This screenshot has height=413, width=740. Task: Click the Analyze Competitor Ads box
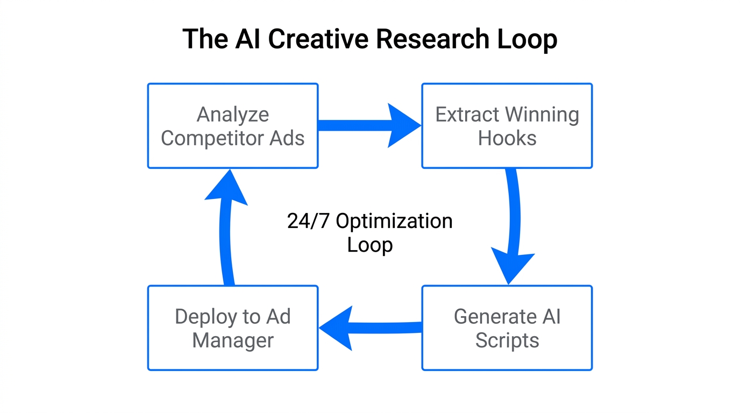point(233,126)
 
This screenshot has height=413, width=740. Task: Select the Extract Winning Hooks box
point(507,126)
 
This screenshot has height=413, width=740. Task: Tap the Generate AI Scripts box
point(507,328)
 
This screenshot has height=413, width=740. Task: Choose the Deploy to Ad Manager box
point(233,328)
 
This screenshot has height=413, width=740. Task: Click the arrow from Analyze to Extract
point(368,125)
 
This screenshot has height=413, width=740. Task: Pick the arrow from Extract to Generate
point(514,226)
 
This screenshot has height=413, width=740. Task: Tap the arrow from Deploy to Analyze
point(226,226)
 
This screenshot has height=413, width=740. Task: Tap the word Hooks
point(507,138)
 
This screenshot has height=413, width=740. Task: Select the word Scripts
point(507,340)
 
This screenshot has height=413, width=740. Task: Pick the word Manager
point(233,340)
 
